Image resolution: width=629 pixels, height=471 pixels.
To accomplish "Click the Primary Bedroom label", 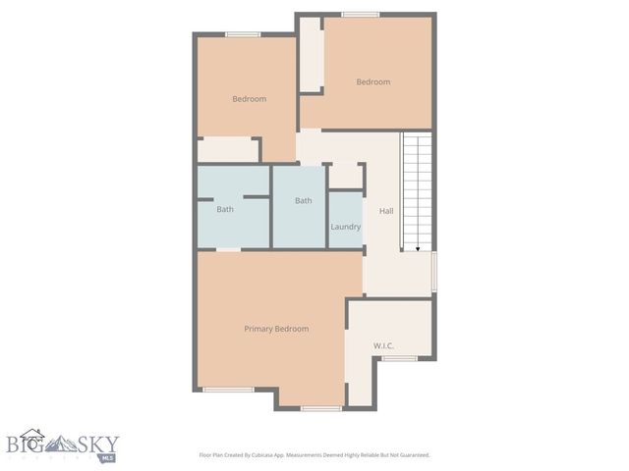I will click(276, 329).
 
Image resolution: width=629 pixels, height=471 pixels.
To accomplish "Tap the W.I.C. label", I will click(383, 345).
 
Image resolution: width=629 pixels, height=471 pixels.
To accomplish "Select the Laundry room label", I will click(345, 227).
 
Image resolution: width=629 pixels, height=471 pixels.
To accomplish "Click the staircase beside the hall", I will click(418, 191).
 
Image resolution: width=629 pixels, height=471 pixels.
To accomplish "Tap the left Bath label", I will click(225, 209).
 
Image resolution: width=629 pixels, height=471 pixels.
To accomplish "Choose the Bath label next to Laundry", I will click(304, 201).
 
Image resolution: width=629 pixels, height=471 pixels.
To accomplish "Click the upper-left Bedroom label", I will click(249, 98).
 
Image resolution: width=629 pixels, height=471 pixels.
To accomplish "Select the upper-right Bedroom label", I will click(372, 82).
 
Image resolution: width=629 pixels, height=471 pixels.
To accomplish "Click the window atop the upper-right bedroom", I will click(361, 15).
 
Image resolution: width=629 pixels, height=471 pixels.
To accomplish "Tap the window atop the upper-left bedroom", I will click(242, 35).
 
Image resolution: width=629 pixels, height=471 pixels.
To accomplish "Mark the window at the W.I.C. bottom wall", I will click(399, 358).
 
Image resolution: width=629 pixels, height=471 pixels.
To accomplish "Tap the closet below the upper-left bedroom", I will click(227, 149).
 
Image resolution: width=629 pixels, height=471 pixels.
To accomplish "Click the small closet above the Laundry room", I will click(344, 176).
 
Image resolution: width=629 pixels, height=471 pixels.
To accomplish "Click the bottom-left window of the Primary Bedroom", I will click(227, 390).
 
